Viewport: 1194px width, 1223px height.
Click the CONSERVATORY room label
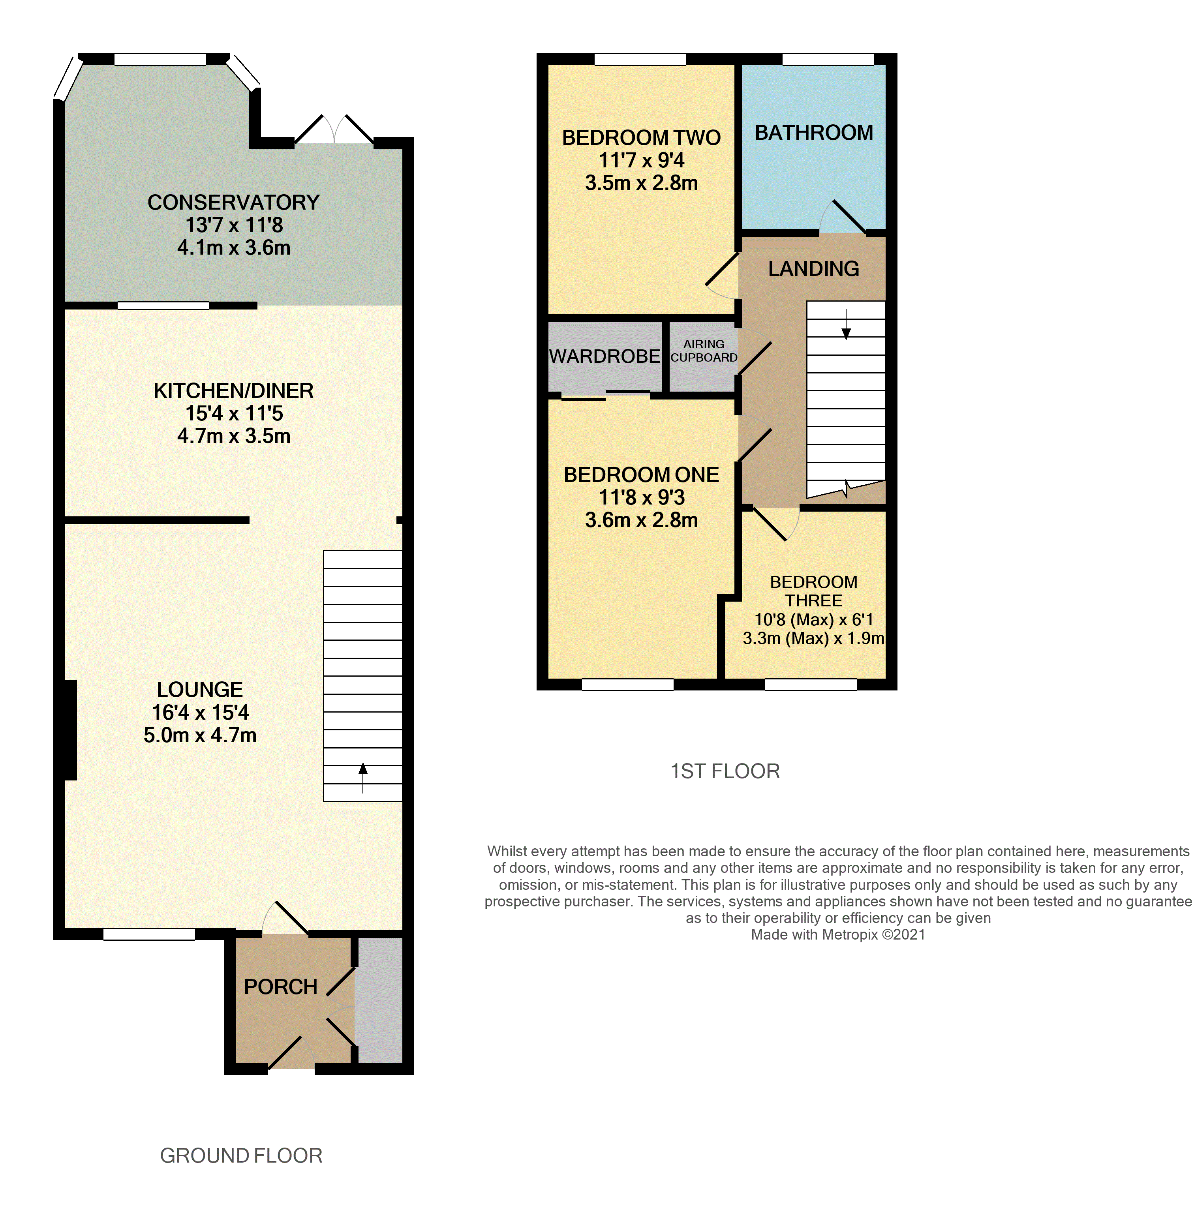pos(233,203)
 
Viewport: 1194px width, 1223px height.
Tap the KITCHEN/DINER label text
pos(233,390)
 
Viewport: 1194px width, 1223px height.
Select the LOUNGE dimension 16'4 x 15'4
pos(200,712)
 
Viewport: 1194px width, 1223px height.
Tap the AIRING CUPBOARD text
pos(704,351)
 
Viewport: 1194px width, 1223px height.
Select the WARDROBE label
pos(605,356)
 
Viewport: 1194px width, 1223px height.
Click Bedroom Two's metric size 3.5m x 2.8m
pos(641,183)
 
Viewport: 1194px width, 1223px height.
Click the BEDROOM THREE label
pos(813,591)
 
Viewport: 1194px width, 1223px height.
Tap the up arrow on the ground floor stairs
pos(362,777)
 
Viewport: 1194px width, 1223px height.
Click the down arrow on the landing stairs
pos(846,324)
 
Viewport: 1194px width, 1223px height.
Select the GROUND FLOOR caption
pos(241,1155)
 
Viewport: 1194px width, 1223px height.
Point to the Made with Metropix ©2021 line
pos(838,935)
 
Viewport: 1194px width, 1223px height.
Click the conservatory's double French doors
pos(334,130)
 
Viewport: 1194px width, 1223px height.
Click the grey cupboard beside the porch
pos(379,1000)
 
